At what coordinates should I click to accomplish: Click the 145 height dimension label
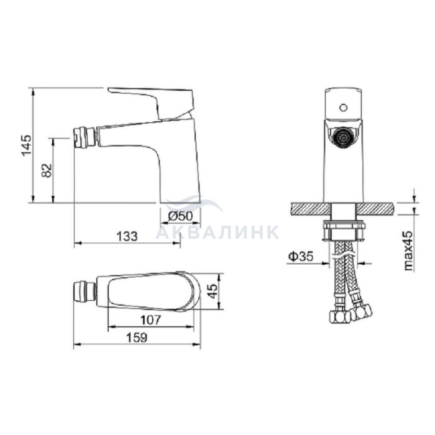coord(27,145)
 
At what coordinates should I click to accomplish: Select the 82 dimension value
coord(47,171)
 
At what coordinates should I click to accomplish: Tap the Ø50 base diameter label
coord(180,216)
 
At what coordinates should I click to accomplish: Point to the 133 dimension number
coord(127,236)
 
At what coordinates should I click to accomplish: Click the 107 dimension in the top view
coord(151,320)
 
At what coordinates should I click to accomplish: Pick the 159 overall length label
coord(137,338)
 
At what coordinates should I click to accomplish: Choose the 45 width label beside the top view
coord(213,291)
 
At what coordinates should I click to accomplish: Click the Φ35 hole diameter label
coord(301,256)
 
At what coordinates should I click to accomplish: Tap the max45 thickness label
coord(408,250)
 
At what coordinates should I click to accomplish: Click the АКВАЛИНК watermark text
coord(217,232)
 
